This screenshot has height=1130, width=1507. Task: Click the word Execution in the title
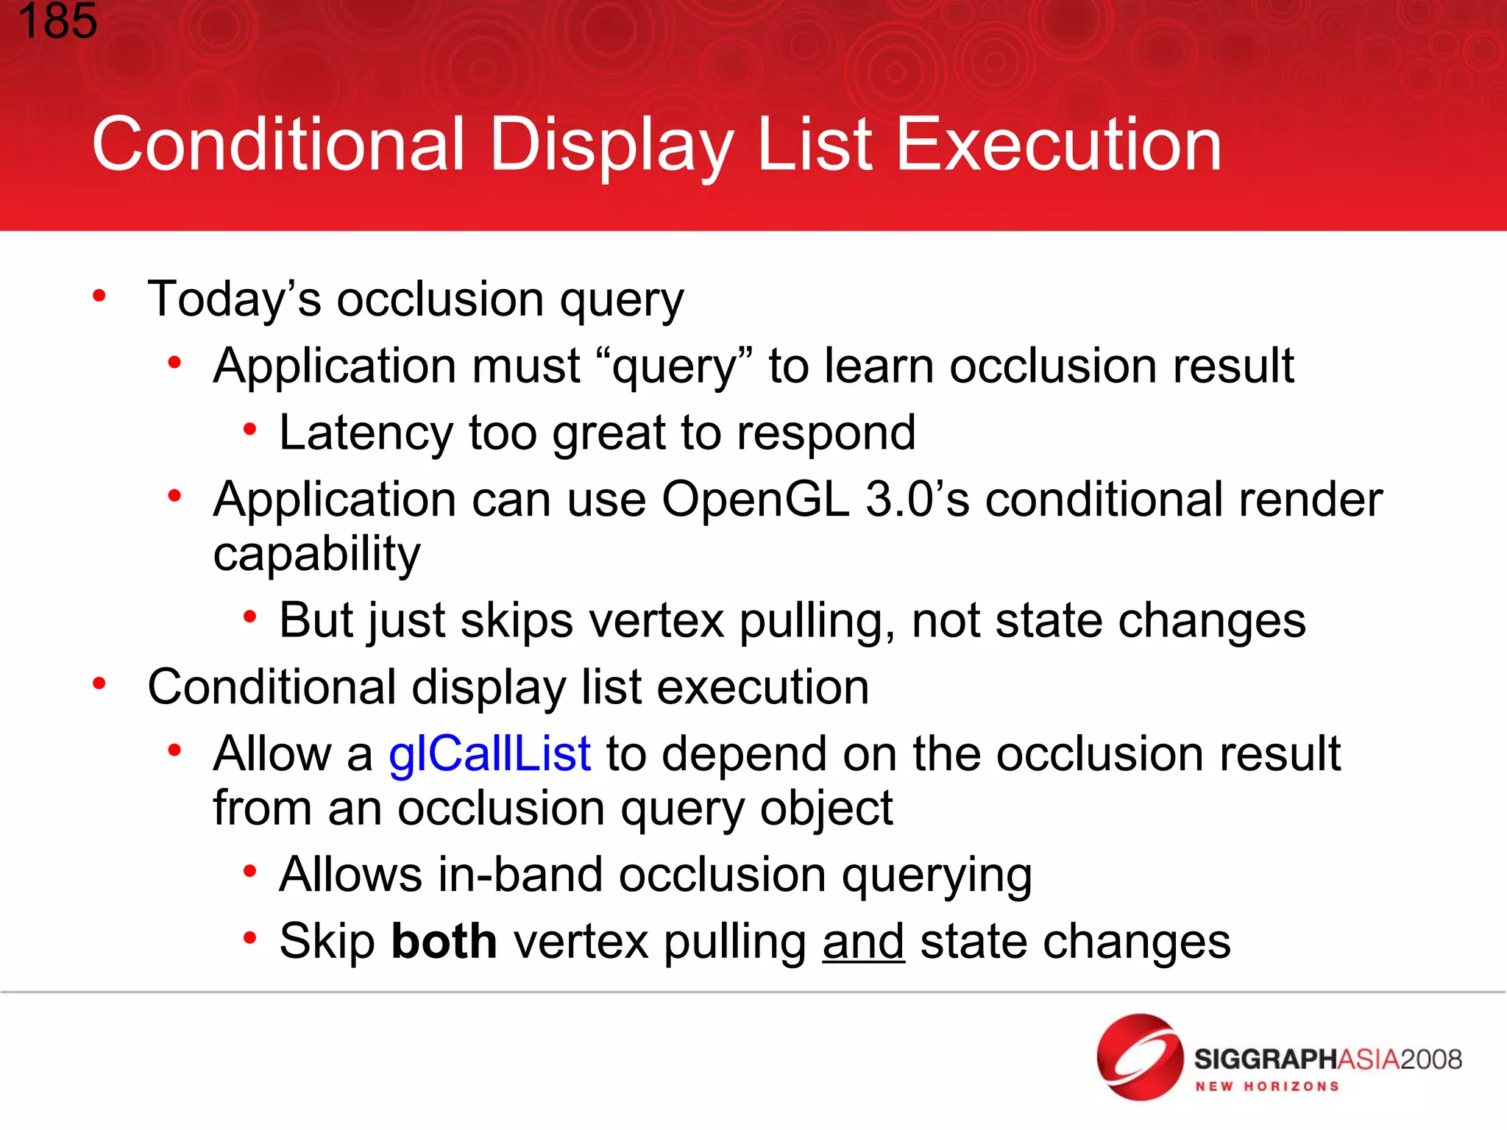1059,145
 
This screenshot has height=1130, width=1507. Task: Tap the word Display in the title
611,145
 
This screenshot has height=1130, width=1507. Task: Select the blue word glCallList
489,754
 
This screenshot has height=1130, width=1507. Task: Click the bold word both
444,941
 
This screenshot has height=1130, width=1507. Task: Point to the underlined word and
863,942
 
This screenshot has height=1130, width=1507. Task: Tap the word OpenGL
755,500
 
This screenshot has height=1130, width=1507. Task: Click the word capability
316,555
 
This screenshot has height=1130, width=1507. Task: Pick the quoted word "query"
675,366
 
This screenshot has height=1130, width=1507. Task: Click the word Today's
234,299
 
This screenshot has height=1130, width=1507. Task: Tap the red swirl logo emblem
1140,1057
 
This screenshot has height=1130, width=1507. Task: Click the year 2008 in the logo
1430,1059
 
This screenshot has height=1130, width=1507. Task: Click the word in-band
514,875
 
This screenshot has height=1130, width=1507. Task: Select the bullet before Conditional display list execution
99,684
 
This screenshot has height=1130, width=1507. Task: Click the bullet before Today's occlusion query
99,296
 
